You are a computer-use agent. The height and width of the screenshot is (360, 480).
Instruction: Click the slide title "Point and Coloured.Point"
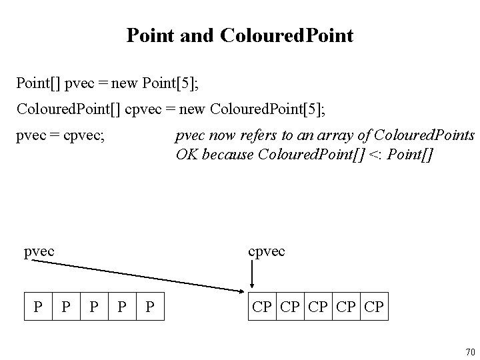click(x=240, y=35)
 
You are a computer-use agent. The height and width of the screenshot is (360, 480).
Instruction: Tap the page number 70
click(x=470, y=352)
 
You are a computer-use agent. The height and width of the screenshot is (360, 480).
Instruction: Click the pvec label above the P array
click(x=39, y=251)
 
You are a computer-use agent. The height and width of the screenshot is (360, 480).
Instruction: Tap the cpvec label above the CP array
click(x=267, y=251)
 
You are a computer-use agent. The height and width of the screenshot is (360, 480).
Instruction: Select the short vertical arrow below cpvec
click(x=252, y=273)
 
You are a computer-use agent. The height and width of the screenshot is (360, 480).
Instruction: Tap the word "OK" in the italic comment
click(x=185, y=154)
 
